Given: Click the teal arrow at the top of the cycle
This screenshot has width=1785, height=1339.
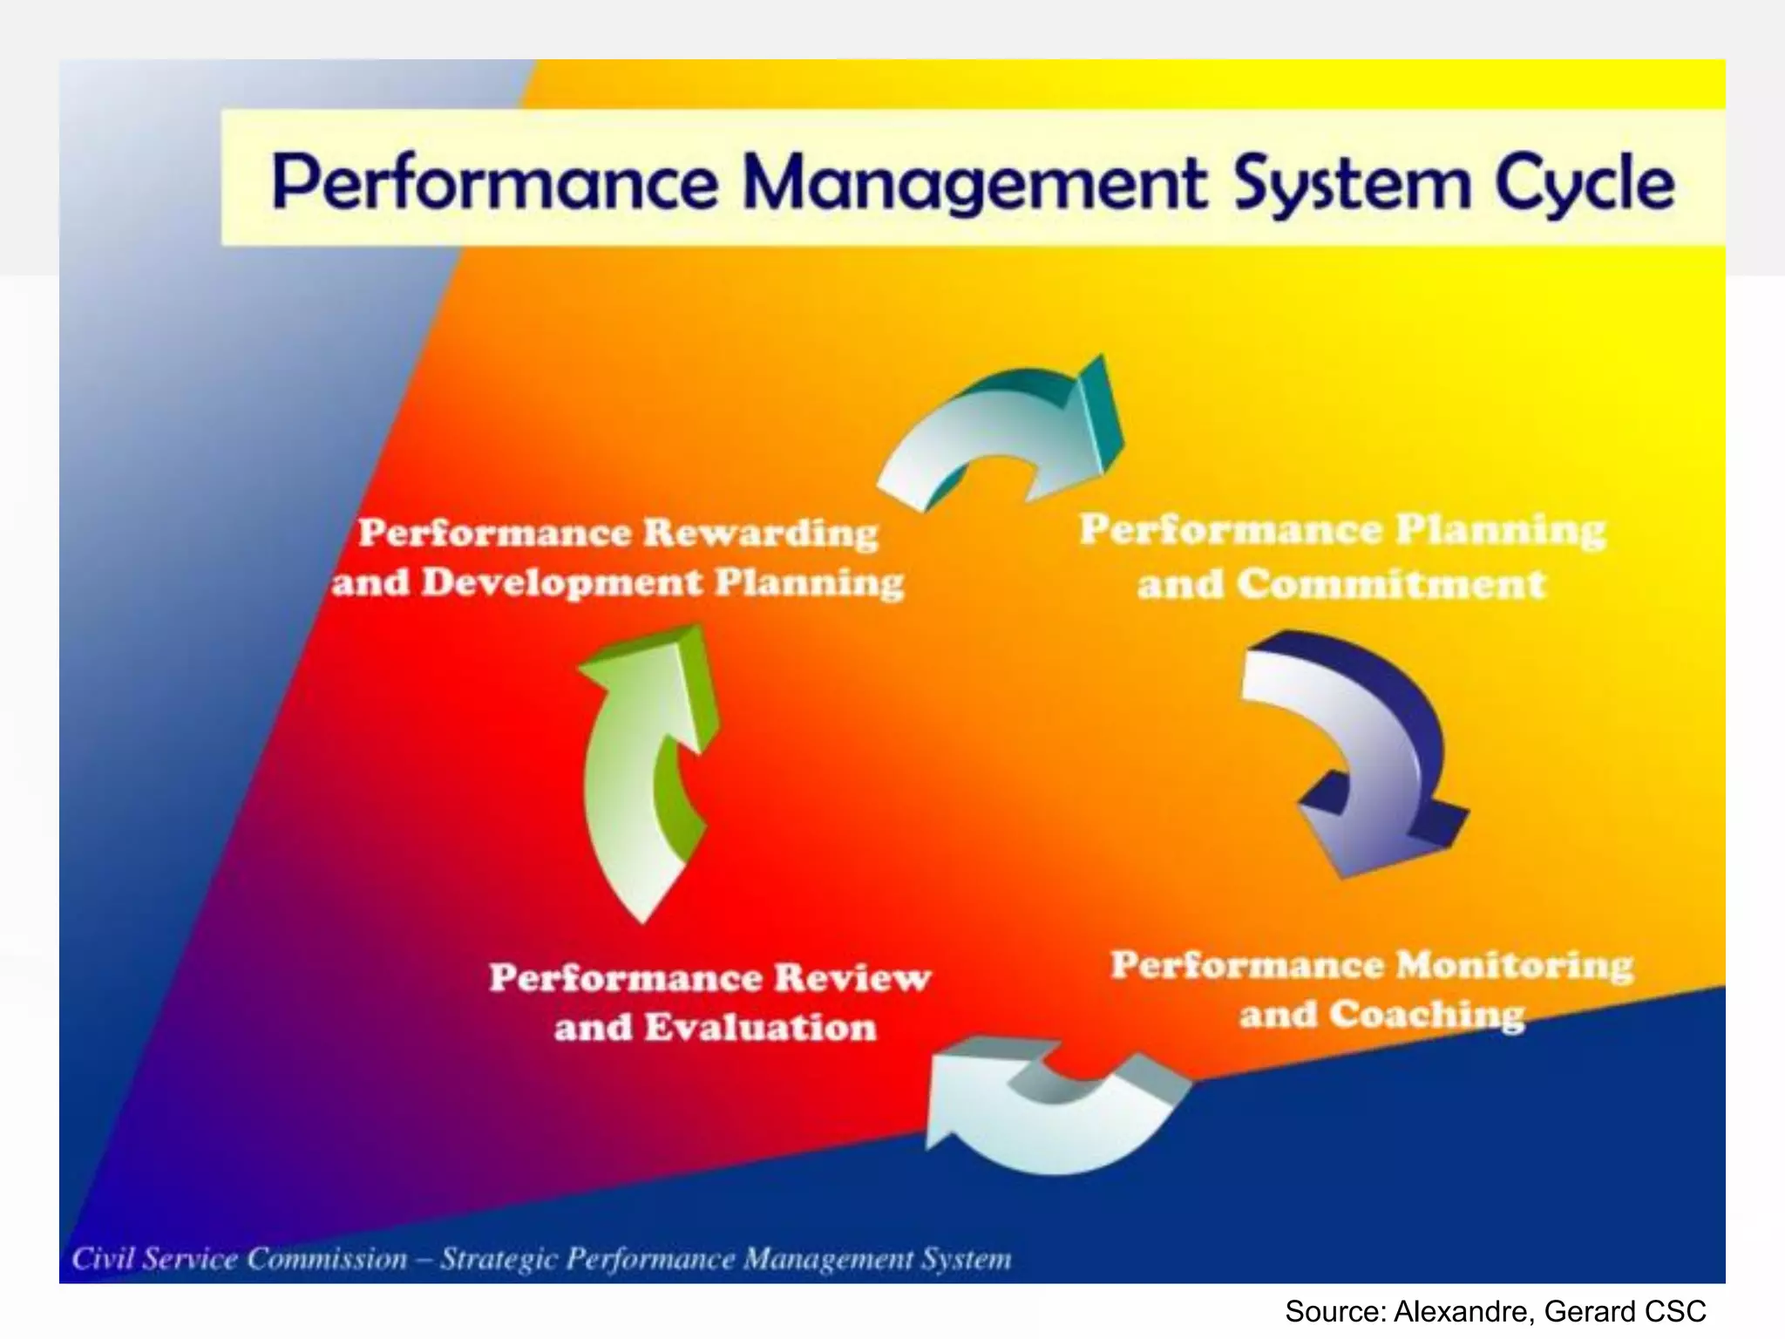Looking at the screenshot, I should [1002, 427].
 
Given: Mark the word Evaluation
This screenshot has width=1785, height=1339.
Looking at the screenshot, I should [760, 1028].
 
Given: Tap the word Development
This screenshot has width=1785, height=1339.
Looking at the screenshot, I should [562, 583].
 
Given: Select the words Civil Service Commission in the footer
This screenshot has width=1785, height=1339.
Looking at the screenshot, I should [240, 1259].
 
